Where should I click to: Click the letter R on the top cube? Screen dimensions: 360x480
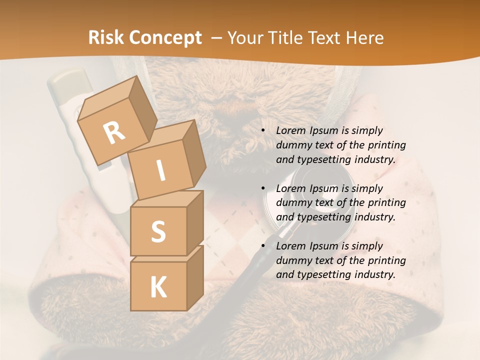click(x=114, y=132)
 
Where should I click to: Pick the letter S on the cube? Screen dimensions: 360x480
click(x=158, y=231)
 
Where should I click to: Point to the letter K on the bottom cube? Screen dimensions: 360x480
click(x=158, y=287)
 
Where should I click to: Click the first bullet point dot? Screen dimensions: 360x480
click(x=263, y=130)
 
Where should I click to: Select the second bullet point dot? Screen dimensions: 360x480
click(x=263, y=188)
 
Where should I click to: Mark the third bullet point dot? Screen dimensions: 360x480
click(x=263, y=246)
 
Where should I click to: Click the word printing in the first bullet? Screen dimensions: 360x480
click(x=387, y=145)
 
